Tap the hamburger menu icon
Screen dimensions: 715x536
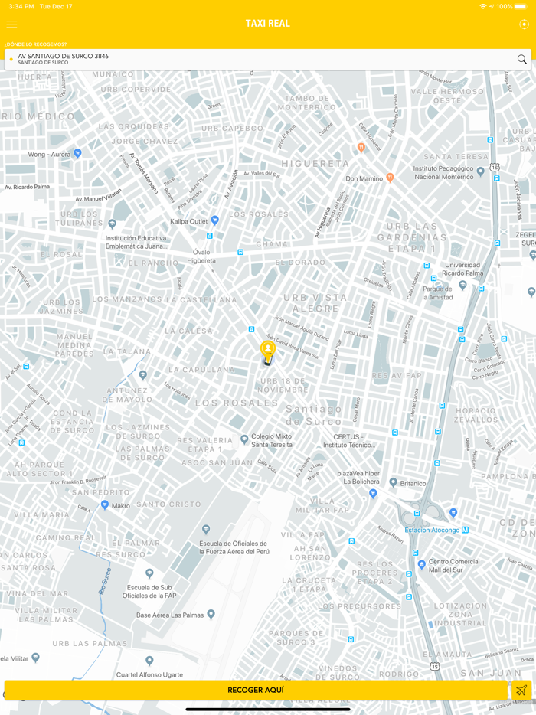11,24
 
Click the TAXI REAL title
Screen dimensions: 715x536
268,24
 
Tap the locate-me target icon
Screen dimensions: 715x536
524,24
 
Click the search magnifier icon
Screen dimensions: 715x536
522,59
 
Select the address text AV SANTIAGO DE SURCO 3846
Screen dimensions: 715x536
63,56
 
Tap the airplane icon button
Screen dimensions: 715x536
521,690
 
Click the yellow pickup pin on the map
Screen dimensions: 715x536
267,351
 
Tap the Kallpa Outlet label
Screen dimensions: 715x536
189,220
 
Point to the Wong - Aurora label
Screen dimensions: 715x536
49,154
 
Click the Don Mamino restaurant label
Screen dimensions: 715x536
364,178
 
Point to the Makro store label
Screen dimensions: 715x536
121,506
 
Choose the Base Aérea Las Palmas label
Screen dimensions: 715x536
171,615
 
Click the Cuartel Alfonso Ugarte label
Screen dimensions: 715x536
149,674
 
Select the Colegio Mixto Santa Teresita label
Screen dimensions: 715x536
272,440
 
